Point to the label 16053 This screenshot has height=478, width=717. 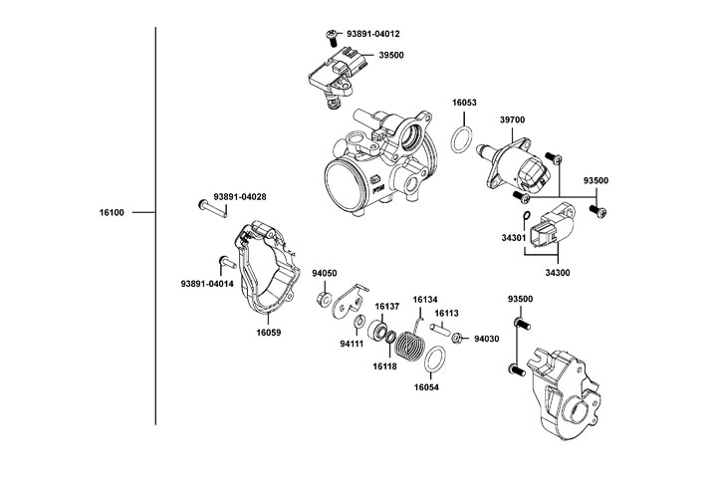point(464,103)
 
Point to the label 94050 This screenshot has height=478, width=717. point(325,273)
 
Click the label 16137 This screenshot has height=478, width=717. point(386,306)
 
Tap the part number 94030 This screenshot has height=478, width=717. point(487,339)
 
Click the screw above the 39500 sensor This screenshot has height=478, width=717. point(330,36)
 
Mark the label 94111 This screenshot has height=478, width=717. point(353,344)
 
